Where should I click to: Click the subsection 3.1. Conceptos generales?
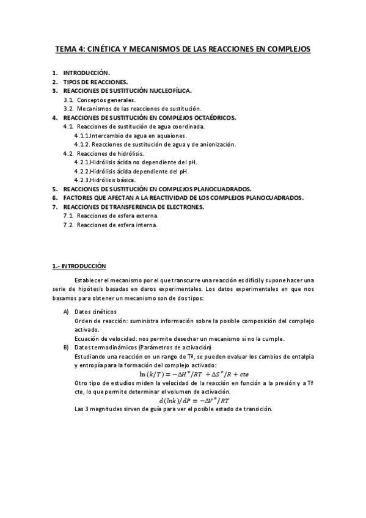click(x=100, y=99)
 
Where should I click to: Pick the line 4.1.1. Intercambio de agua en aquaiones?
click(x=130, y=135)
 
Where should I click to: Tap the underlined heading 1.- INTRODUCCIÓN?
click(x=79, y=266)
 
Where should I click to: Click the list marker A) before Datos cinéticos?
click(x=66, y=312)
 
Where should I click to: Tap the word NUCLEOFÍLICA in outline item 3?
click(x=165, y=90)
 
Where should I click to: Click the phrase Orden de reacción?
click(x=95, y=321)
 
